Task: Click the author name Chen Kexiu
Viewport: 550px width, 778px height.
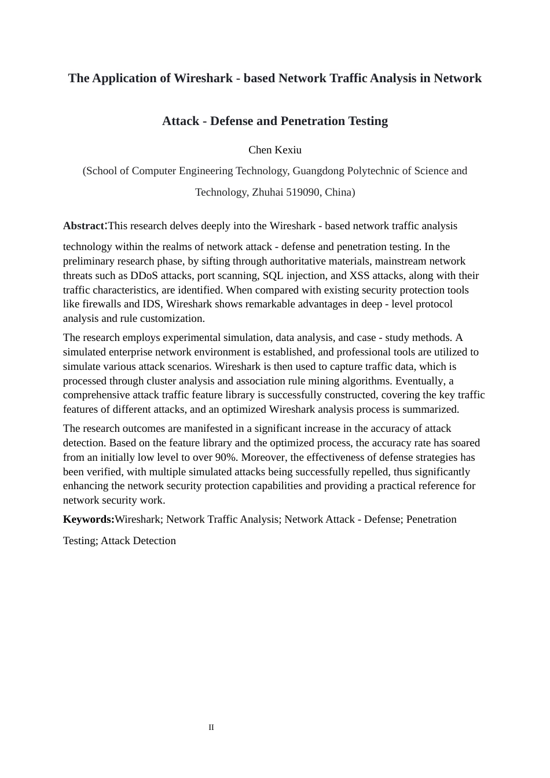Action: click(275, 150)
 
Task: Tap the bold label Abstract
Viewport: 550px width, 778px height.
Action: click(83, 226)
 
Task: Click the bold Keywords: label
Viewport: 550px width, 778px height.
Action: click(89, 519)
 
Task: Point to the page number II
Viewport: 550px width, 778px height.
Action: click(211, 728)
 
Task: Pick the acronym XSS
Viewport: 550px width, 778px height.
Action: click(360, 276)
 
